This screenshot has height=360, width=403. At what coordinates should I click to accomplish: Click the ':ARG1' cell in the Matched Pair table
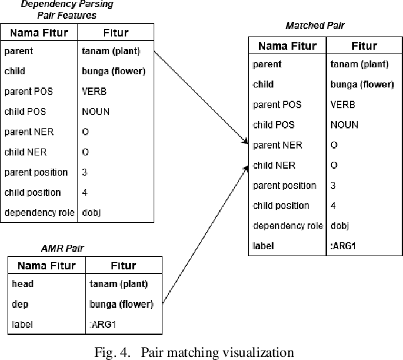point(343,246)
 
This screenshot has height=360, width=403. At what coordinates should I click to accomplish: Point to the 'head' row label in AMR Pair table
point(23,284)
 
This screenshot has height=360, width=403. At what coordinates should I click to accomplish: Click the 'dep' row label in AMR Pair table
point(20,305)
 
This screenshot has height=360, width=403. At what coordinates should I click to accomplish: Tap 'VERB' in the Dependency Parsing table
point(94,92)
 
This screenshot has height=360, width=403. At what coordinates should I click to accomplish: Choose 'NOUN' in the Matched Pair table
point(344,125)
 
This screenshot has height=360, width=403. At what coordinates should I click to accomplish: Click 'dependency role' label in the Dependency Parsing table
point(39,213)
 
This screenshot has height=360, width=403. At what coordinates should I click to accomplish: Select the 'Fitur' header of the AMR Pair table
point(123,266)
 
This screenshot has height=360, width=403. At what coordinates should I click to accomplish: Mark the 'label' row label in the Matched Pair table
point(263,246)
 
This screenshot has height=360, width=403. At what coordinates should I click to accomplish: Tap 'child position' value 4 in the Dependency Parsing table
point(85,193)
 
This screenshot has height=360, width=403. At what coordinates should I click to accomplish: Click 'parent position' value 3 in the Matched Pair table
point(333,186)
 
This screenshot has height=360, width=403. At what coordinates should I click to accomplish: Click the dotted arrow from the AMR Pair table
point(205,233)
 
